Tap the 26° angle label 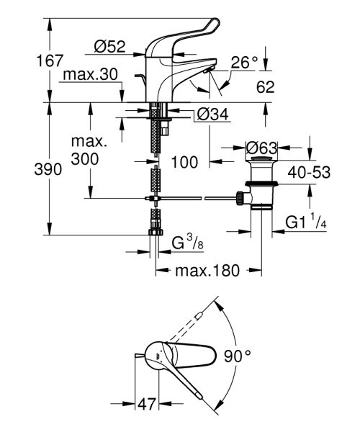coord(244,63)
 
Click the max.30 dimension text coord(91,75)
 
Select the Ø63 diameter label coord(261,148)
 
